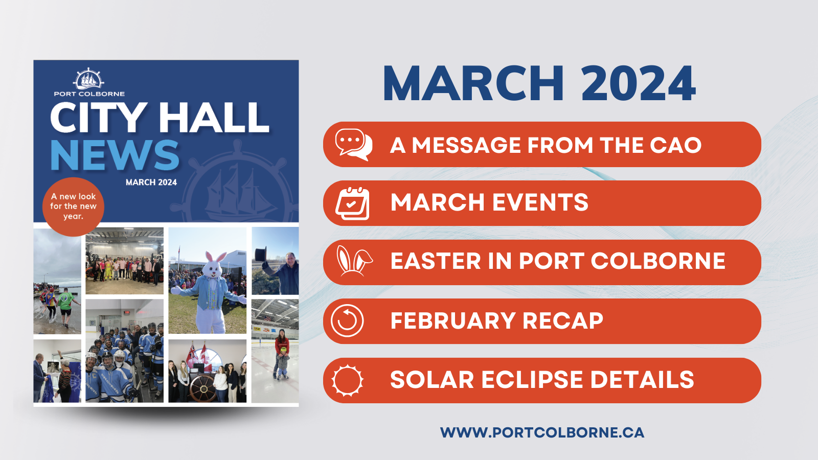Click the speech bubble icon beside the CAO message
pos(353,145)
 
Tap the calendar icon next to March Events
pos(352,203)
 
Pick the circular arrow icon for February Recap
pos(347,320)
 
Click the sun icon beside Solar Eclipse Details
pos(347,380)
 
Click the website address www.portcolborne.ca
pos(542,432)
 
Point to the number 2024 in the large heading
pos(638,83)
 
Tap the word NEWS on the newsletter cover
pos(115,155)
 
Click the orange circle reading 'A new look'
pos(74,206)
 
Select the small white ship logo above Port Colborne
pos(88,79)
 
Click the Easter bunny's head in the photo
pos(212,264)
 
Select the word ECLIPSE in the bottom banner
pos(532,380)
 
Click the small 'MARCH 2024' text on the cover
pos(151,182)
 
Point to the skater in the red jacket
pos(282,353)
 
